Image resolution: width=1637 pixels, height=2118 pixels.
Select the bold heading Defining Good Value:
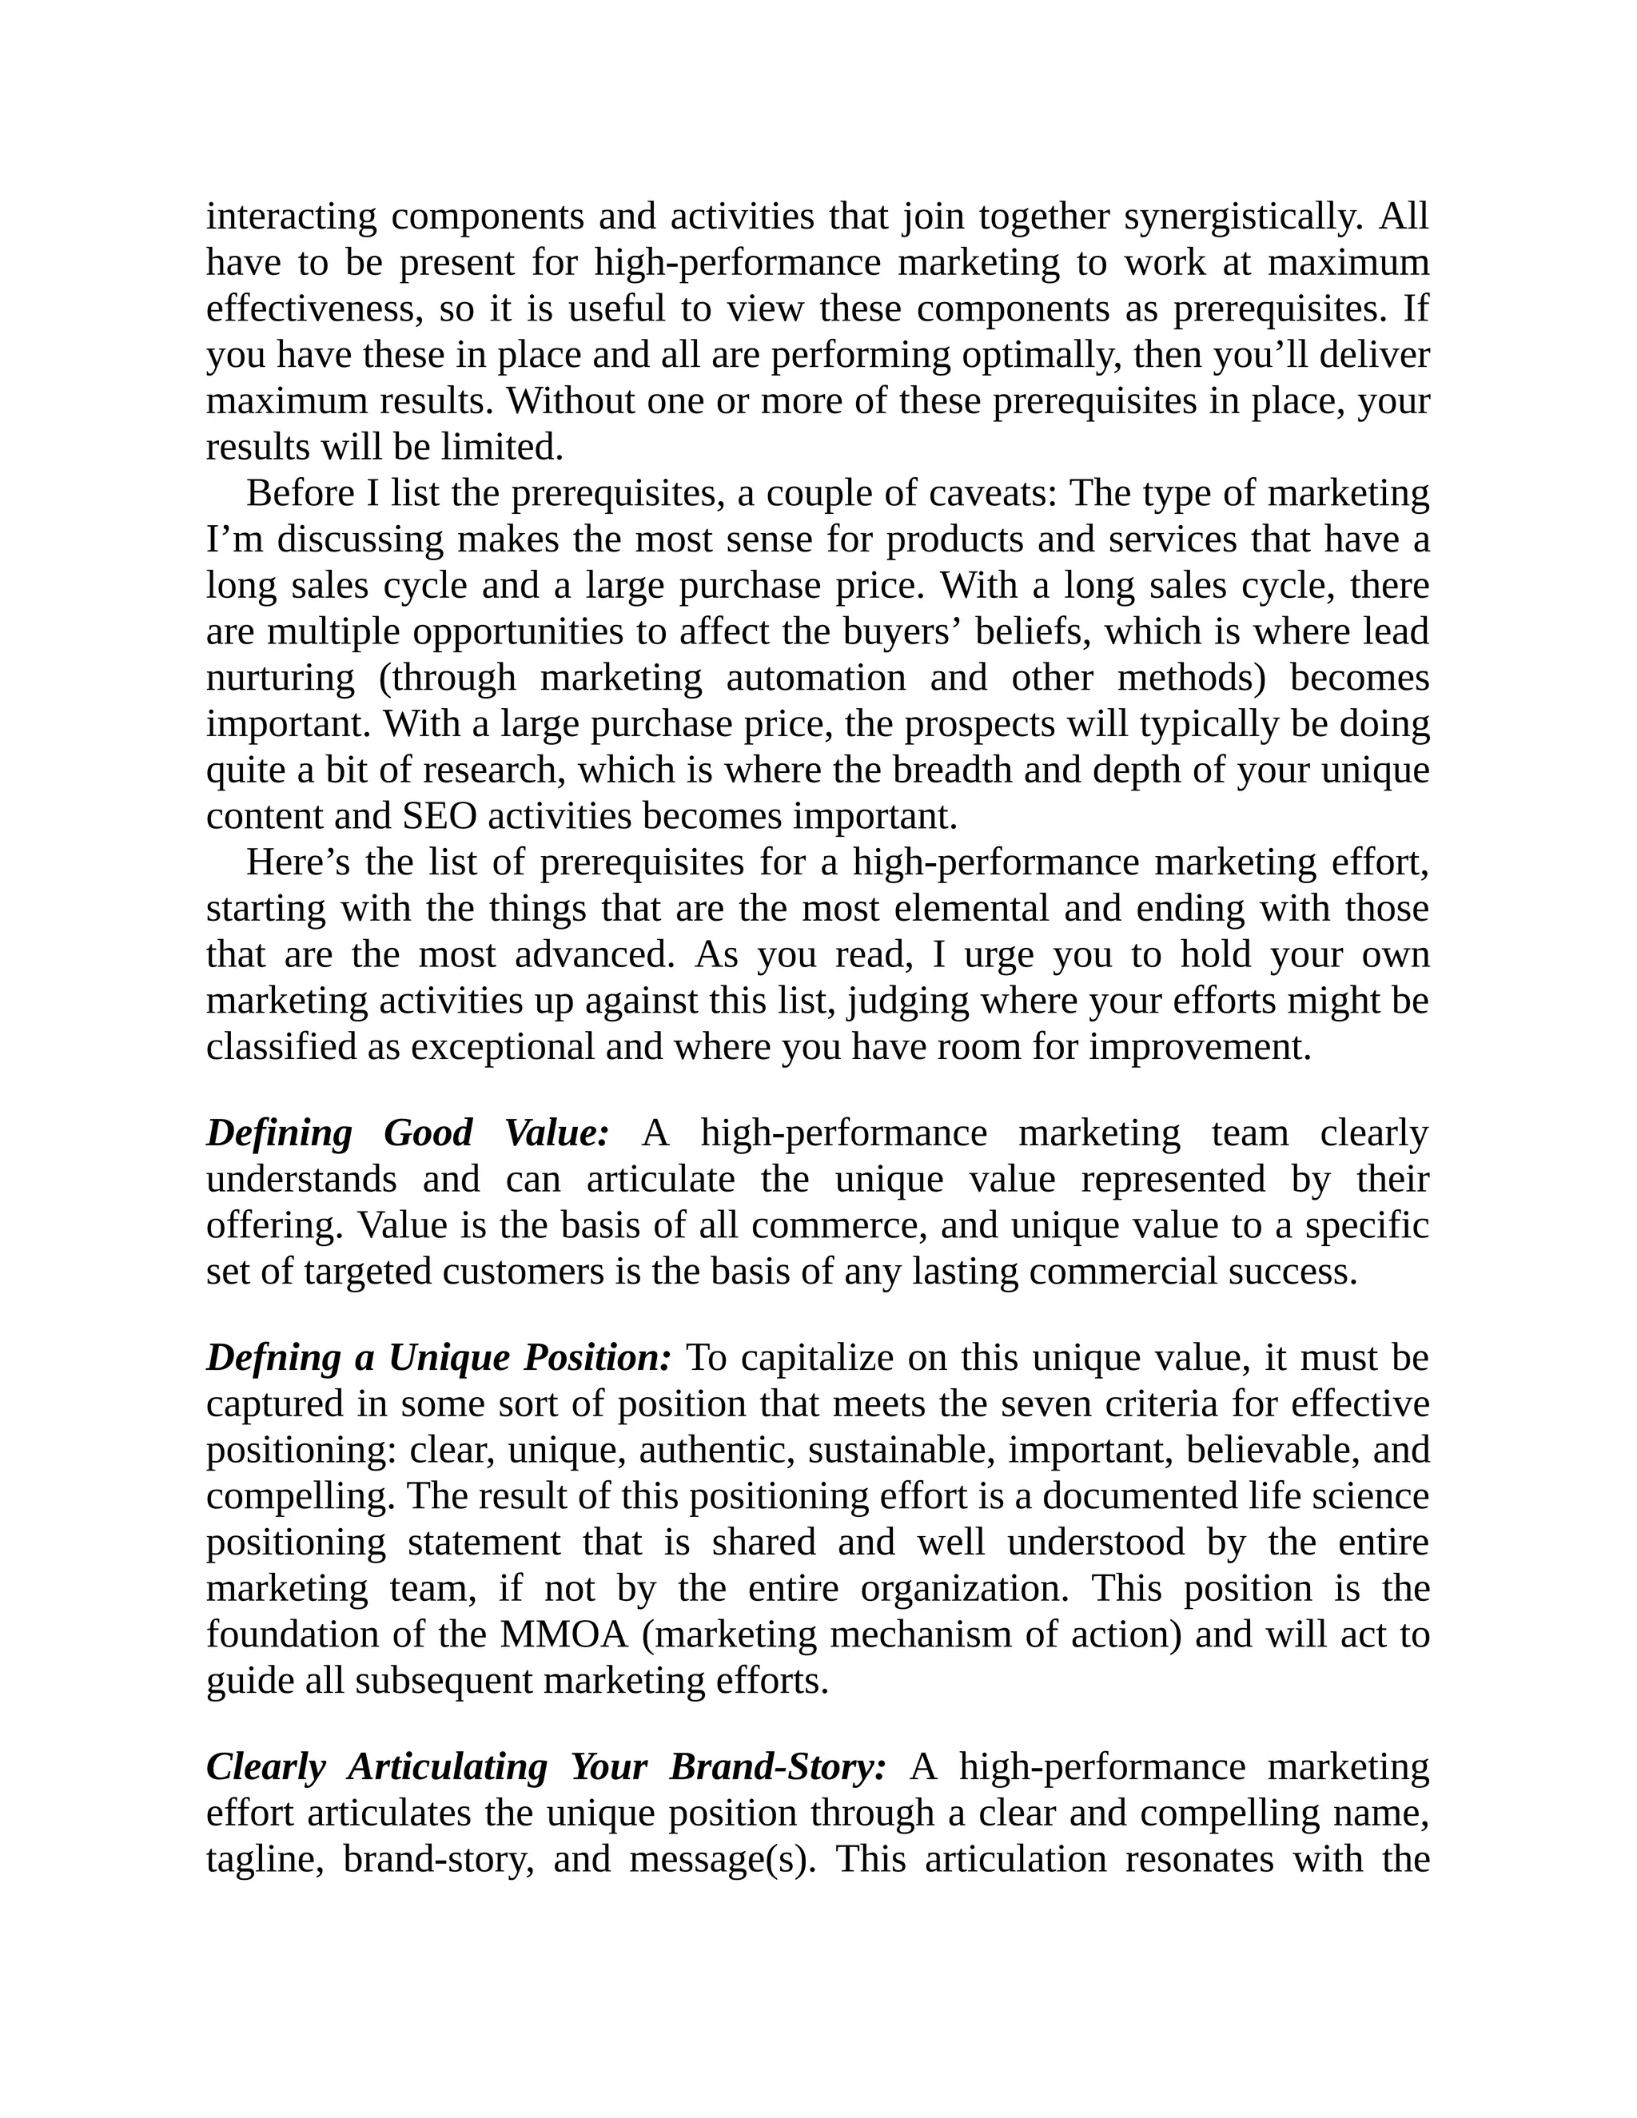408,1133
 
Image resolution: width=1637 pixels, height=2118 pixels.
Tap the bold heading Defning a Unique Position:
438,1359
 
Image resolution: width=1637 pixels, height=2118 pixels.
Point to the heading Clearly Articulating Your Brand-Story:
546,1767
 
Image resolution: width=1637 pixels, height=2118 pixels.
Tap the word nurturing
281,678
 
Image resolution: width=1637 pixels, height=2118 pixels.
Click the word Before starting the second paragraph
300,494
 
